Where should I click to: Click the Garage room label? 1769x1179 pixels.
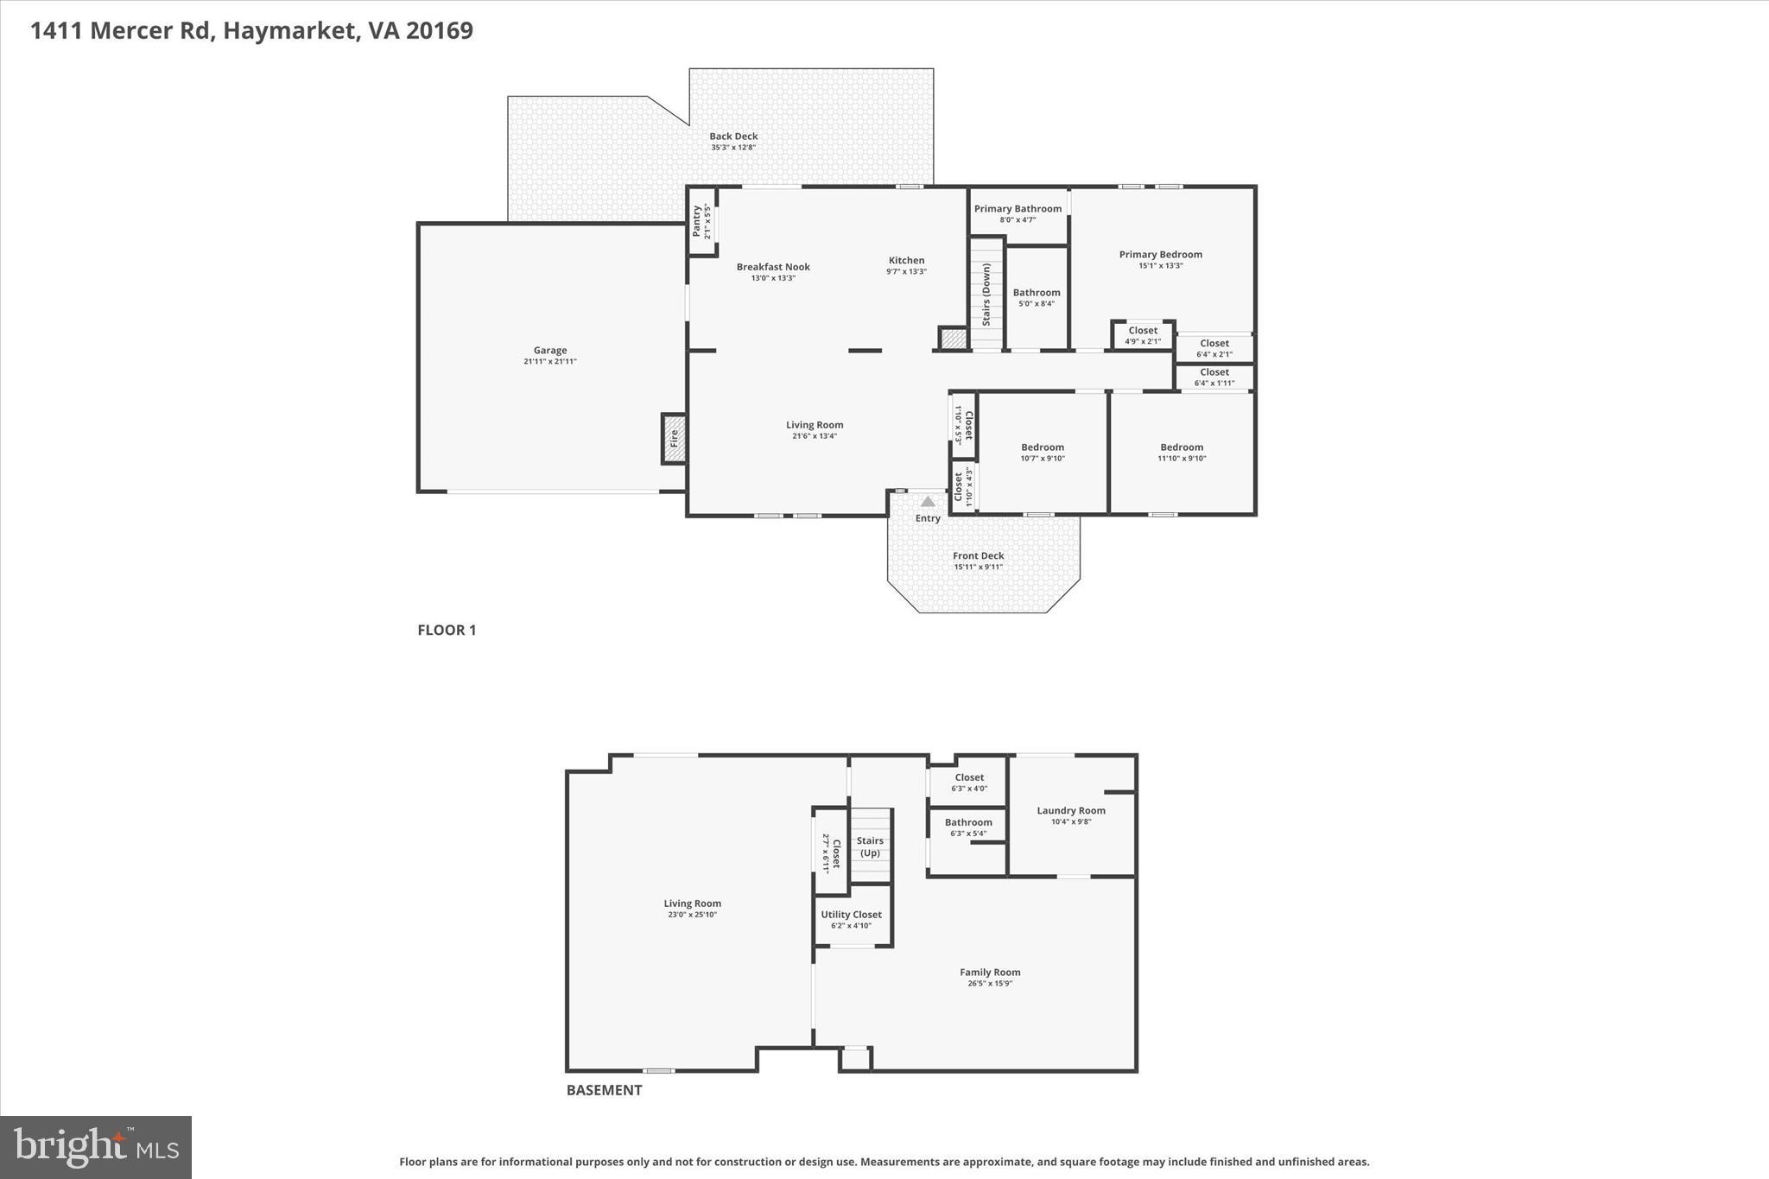pyautogui.click(x=549, y=351)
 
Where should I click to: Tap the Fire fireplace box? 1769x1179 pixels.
pyautogui.click(x=674, y=439)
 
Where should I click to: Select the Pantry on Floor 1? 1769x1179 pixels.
pyautogui.click(x=701, y=221)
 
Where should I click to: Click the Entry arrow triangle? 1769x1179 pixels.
pyautogui.click(x=927, y=501)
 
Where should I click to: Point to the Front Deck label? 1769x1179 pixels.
pyautogui.click(x=978, y=556)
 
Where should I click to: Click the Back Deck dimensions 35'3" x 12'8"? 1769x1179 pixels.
pyautogui.click(x=732, y=148)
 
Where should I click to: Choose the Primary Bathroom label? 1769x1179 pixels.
pyautogui.click(x=1018, y=209)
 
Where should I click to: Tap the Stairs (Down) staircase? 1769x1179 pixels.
pyautogui.click(x=986, y=295)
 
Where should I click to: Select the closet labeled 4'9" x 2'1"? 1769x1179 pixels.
pyautogui.click(x=1142, y=335)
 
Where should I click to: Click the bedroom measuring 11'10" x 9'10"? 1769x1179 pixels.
pyautogui.click(x=1181, y=452)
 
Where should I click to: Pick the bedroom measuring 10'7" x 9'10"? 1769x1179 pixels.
pyautogui.click(x=1042, y=452)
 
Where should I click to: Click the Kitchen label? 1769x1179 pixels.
pyautogui.click(x=906, y=261)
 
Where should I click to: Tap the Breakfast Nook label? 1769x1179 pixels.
pyautogui.click(x=772, y=267)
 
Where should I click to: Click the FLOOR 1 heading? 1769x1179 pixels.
pyautogui.click(x=447, y=630)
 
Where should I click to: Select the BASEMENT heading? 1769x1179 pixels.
pyautogui.click(x=604, y=1090)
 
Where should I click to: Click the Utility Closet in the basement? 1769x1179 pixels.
pyautogui.click(x=851, y=919)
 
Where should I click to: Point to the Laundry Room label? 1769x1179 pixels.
pyautogui.click(x=1070, y=810)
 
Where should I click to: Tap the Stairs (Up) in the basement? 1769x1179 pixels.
pyautogui.click(x=869, y=846)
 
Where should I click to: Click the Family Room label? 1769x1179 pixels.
pyautogui.click(x=989, y=973)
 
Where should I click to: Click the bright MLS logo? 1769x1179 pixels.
pyautogui.click(x=96, y=1147)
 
